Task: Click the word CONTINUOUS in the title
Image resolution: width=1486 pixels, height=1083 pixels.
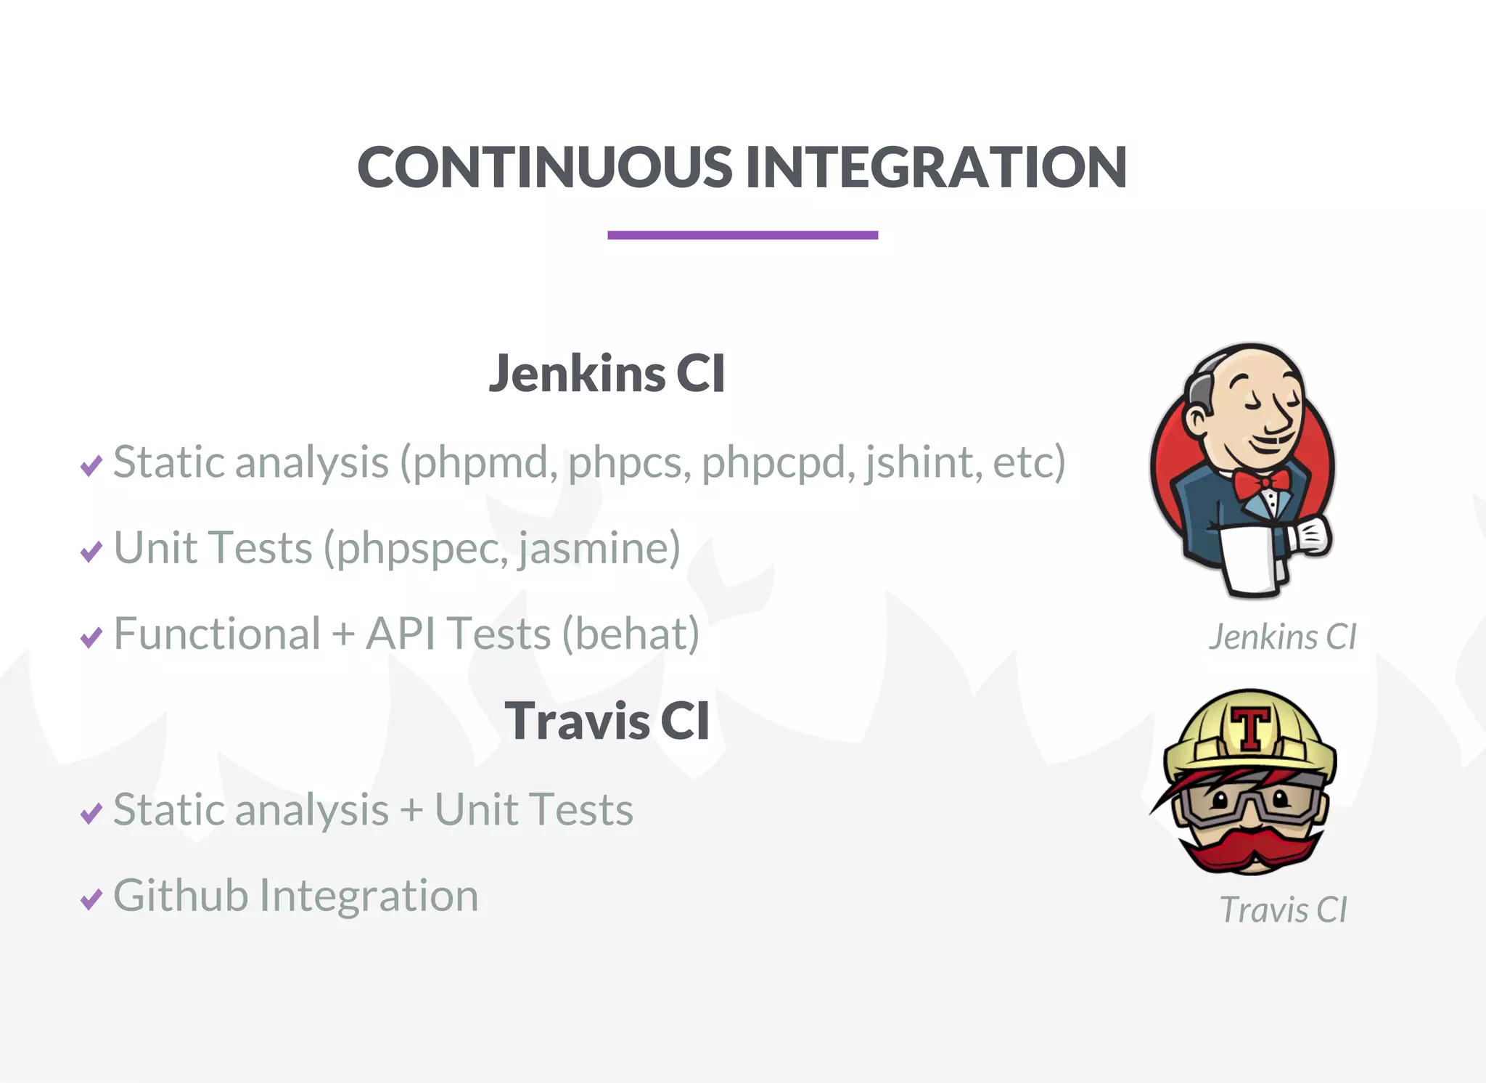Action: tap(545, 168)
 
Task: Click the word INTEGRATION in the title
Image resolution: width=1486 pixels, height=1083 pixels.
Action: tap(936, 168)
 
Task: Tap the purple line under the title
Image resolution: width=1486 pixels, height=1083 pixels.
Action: tap(742, 234)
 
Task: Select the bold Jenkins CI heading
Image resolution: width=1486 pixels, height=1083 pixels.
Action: tap(607, 374)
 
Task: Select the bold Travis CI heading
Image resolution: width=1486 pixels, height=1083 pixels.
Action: tap(607, 722)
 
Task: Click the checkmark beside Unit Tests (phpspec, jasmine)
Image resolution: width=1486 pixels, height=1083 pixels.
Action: tap(91, 552)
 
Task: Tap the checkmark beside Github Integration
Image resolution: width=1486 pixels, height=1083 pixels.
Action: tap(91, 899)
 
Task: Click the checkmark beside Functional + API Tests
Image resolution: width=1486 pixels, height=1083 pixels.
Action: tap(91, 637)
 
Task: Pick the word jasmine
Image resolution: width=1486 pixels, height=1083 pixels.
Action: tap(595, 549)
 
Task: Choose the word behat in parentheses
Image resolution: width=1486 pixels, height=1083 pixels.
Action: tap(631, 634)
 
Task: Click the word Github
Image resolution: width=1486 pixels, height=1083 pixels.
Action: tap(181, 896)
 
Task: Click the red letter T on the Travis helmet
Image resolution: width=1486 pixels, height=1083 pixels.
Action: tap(1251, 727)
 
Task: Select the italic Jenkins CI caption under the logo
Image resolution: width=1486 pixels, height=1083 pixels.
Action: tap(1282, 637)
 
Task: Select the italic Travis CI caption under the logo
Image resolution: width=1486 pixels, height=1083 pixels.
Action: tap(1283, 910)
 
